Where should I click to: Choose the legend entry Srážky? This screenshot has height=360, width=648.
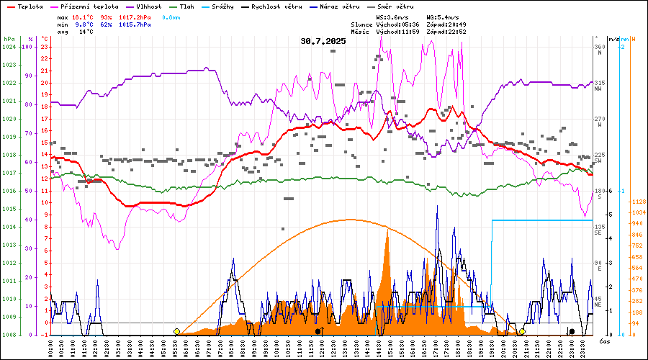coord(235,6)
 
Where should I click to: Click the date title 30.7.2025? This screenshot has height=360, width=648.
coord(323,41)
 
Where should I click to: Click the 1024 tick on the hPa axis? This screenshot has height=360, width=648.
coord(9,47)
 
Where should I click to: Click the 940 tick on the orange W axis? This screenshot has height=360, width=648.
coord(636,224)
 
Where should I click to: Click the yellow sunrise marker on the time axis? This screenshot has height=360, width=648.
coord(176,331)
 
